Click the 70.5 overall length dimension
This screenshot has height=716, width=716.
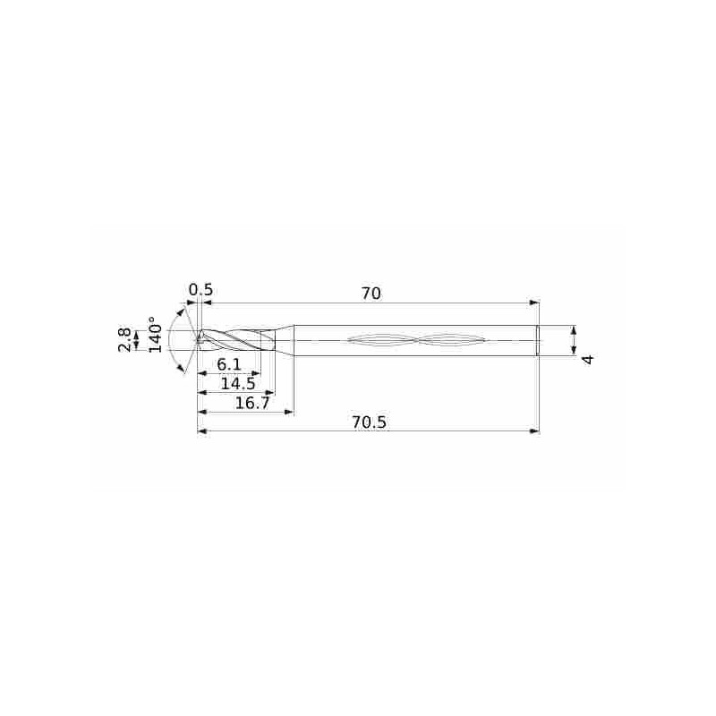click(369, 422)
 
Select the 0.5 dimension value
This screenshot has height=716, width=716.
click(200, 290)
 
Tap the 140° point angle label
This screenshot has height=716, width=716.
click(155, 335)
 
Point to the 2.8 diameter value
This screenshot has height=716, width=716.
click(124, 340)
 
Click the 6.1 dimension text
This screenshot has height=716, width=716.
click(228, 365)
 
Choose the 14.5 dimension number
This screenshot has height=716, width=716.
click(238, 384)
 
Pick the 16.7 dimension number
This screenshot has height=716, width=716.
click(252, 404)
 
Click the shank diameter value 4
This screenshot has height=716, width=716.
click(589, 360)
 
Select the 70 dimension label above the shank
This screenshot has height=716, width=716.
click(371, 294)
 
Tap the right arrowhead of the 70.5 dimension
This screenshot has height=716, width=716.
click(533, 431)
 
